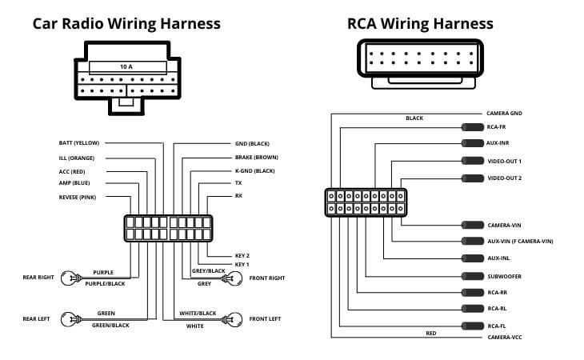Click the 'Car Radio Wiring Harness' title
[126, 23]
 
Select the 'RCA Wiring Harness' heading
[419, 23]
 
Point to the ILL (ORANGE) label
[77, 157]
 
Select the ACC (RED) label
[72, 170]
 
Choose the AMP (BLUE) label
[74, 183]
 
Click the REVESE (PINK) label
[78, 196]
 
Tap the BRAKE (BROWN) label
[256, 157]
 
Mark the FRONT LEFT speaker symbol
[234, 318]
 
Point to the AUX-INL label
[498, 258]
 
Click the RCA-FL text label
[496, 326]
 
